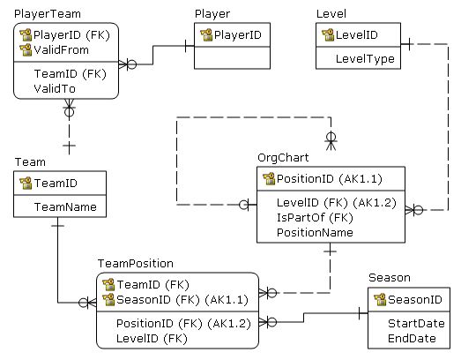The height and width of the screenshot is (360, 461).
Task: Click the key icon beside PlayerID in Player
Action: click(x=206, y=34)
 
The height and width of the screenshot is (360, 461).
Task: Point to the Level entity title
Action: click(x=331, y=14)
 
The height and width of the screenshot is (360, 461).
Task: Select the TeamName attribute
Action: click(x=64, y=207)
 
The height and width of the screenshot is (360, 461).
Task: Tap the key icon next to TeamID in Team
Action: click(x=26, y=184)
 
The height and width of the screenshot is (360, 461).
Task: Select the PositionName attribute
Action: click(x=315, y=232)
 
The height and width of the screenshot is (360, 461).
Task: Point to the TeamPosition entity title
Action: click(x=135, y=263)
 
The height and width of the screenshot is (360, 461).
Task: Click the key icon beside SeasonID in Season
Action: click(x=380, y=300)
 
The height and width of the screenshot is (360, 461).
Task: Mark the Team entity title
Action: click(x=30, y=162)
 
